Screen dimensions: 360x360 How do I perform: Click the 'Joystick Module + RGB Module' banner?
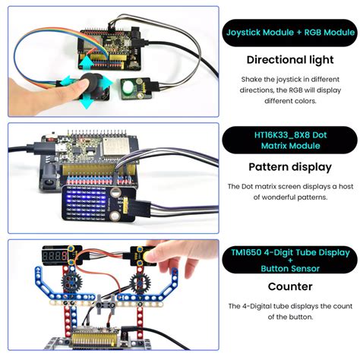click(x=289, y=33)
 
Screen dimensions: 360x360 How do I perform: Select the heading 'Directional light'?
click(x=289, y=59)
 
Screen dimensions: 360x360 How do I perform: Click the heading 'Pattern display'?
click(x=289, y=167)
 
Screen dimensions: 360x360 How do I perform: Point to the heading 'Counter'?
click(x=289, y=287)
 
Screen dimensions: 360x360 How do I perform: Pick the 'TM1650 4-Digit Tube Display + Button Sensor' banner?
click(x=289, y=260)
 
